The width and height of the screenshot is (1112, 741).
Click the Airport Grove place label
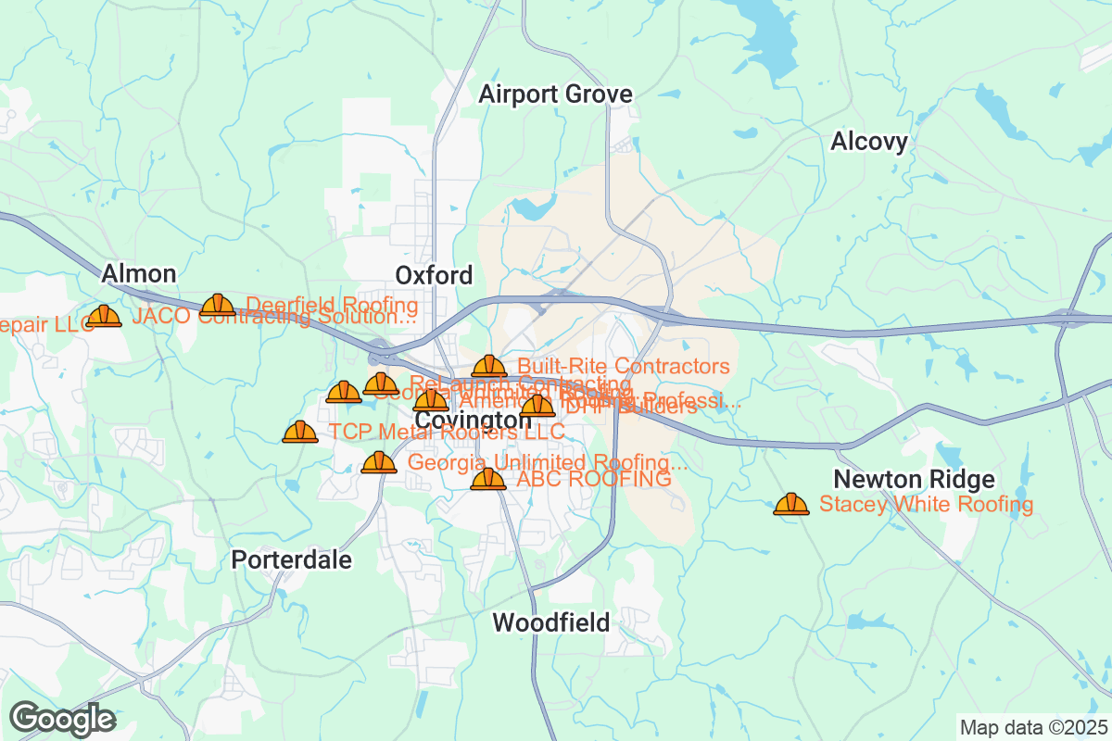(555, 94)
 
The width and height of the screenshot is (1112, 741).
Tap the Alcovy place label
(869, 142)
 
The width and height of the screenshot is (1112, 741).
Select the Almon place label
(138, 273)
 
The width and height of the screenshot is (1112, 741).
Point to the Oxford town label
(434, 275)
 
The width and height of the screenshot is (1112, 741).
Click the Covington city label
(473, 421)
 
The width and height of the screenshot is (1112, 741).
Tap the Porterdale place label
(291, 560)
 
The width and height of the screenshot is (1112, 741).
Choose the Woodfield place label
(551, 622)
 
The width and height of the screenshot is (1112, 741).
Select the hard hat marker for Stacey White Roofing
(790, 504)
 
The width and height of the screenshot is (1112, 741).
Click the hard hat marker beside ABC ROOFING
(488, 479)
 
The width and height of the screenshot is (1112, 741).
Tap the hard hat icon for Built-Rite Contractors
(489, 367)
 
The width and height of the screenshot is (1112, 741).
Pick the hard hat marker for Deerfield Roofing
(218, 305)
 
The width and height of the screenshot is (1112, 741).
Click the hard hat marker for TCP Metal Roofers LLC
(299, 432)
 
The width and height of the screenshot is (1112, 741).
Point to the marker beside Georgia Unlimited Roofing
(378, 461)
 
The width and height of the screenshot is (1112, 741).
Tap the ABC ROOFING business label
(593, 480)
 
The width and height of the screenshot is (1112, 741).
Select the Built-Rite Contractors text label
(624, 367)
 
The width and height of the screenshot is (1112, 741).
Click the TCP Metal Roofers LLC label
(447, 433)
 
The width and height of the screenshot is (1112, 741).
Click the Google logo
(63, 718)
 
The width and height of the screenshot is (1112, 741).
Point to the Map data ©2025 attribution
(1033, 727)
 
